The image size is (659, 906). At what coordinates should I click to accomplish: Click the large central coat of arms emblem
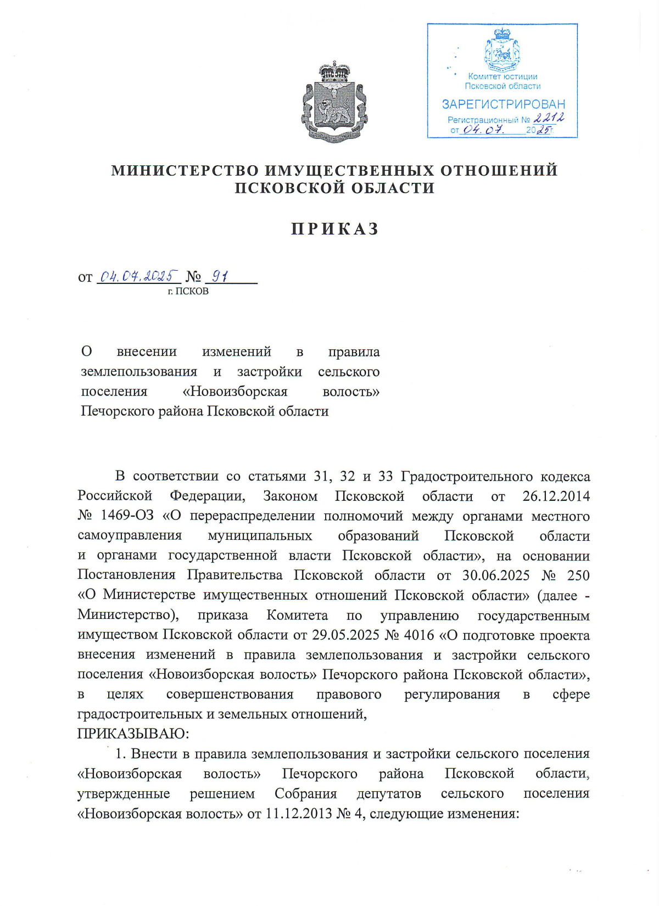pyautogui.click(x=334, y=103)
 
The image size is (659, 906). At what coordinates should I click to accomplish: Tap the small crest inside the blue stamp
pyautogui.click(x=502, y=51)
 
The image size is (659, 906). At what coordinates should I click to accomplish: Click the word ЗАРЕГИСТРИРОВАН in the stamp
pyautogui.click(x=503, y=104)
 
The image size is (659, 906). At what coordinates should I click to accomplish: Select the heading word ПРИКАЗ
pyautogui.click(x=334, y=229)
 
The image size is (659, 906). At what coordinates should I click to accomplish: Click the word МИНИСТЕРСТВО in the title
pyautogui.click(x=185, y=171)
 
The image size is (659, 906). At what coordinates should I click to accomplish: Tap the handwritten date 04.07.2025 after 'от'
pyautogui.click(x=138, y=276)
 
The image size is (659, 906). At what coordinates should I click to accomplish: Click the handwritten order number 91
pyautogui.click(x=220, y=276)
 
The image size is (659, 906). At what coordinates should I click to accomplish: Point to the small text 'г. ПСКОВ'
pyautogui.click(x=188, y=292)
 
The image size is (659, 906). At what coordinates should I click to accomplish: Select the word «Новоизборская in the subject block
pyautogui.click(x=235, y=392)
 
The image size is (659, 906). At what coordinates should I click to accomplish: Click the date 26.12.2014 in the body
pyautogui.click(x=556, y=496)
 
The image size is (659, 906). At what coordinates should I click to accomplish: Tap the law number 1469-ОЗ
pyautogui.click(x=127, y=516)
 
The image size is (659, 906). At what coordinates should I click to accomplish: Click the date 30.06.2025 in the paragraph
pyautogui.click(x=495, y=575)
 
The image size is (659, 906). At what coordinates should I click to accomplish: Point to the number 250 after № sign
pyautogui.click(x=578, y=575)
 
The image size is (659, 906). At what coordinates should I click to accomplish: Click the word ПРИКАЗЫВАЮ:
pyautogui.click(x=133, y=734)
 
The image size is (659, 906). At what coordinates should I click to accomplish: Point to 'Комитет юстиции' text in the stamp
pyautogui.click(x=502, y=77)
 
